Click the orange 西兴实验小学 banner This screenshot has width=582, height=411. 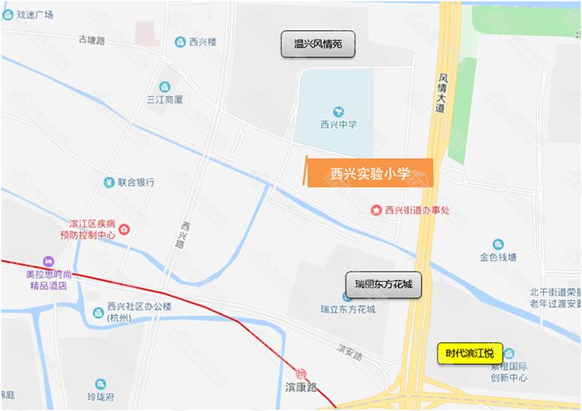[x=369, y=173]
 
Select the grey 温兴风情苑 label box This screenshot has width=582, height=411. [x=318, y=44]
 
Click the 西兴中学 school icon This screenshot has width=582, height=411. [x=339, y=111]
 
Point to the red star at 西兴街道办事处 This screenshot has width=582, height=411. [x=376, y=210]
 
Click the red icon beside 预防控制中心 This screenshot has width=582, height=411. [x=124, y=230]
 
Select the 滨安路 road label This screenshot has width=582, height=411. [x=348, y=351]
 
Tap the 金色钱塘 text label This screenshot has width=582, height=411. [x=498, y=257]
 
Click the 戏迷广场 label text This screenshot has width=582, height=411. [x=33, y=14]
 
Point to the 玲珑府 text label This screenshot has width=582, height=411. [x=101, y=396]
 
